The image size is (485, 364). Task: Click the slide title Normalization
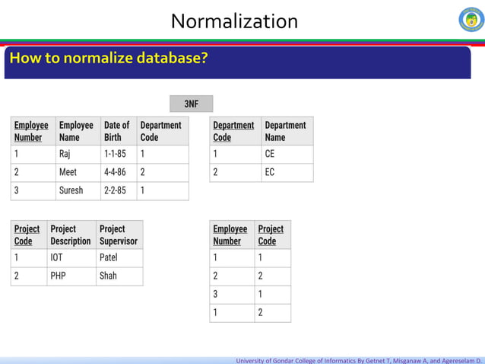[234, 21]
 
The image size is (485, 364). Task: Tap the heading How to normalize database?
[108, 59]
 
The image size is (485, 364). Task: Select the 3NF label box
[191, 104]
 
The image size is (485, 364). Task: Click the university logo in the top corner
[471, 20]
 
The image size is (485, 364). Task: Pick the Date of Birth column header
[117, 131]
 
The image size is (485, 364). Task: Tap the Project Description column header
[70, 235]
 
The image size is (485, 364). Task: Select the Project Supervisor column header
[119, 235]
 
